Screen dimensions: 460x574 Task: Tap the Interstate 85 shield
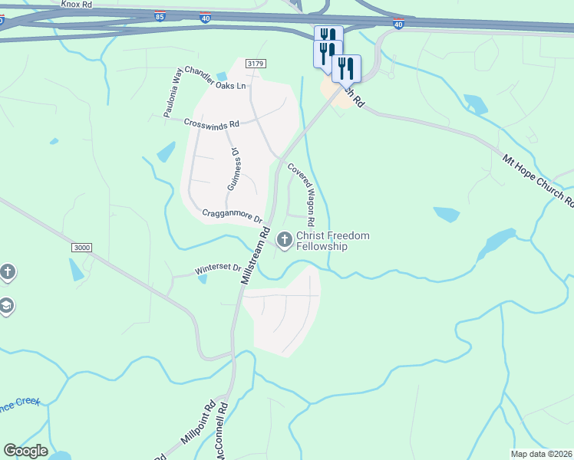point(159,15)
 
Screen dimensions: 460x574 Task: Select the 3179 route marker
point(256,64)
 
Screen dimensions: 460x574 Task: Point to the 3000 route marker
point(81,248)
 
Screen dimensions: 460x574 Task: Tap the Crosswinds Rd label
point(212,123)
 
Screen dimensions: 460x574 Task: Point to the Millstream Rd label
point(256,255)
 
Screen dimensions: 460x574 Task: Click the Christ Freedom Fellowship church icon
point(285,241)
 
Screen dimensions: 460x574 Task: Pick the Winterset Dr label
point(217,269)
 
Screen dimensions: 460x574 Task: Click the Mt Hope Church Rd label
point(538,181)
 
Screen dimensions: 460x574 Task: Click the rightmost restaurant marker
point(346,68)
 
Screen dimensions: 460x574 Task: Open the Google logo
point(25,451)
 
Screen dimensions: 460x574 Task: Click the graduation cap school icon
point(6,307)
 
